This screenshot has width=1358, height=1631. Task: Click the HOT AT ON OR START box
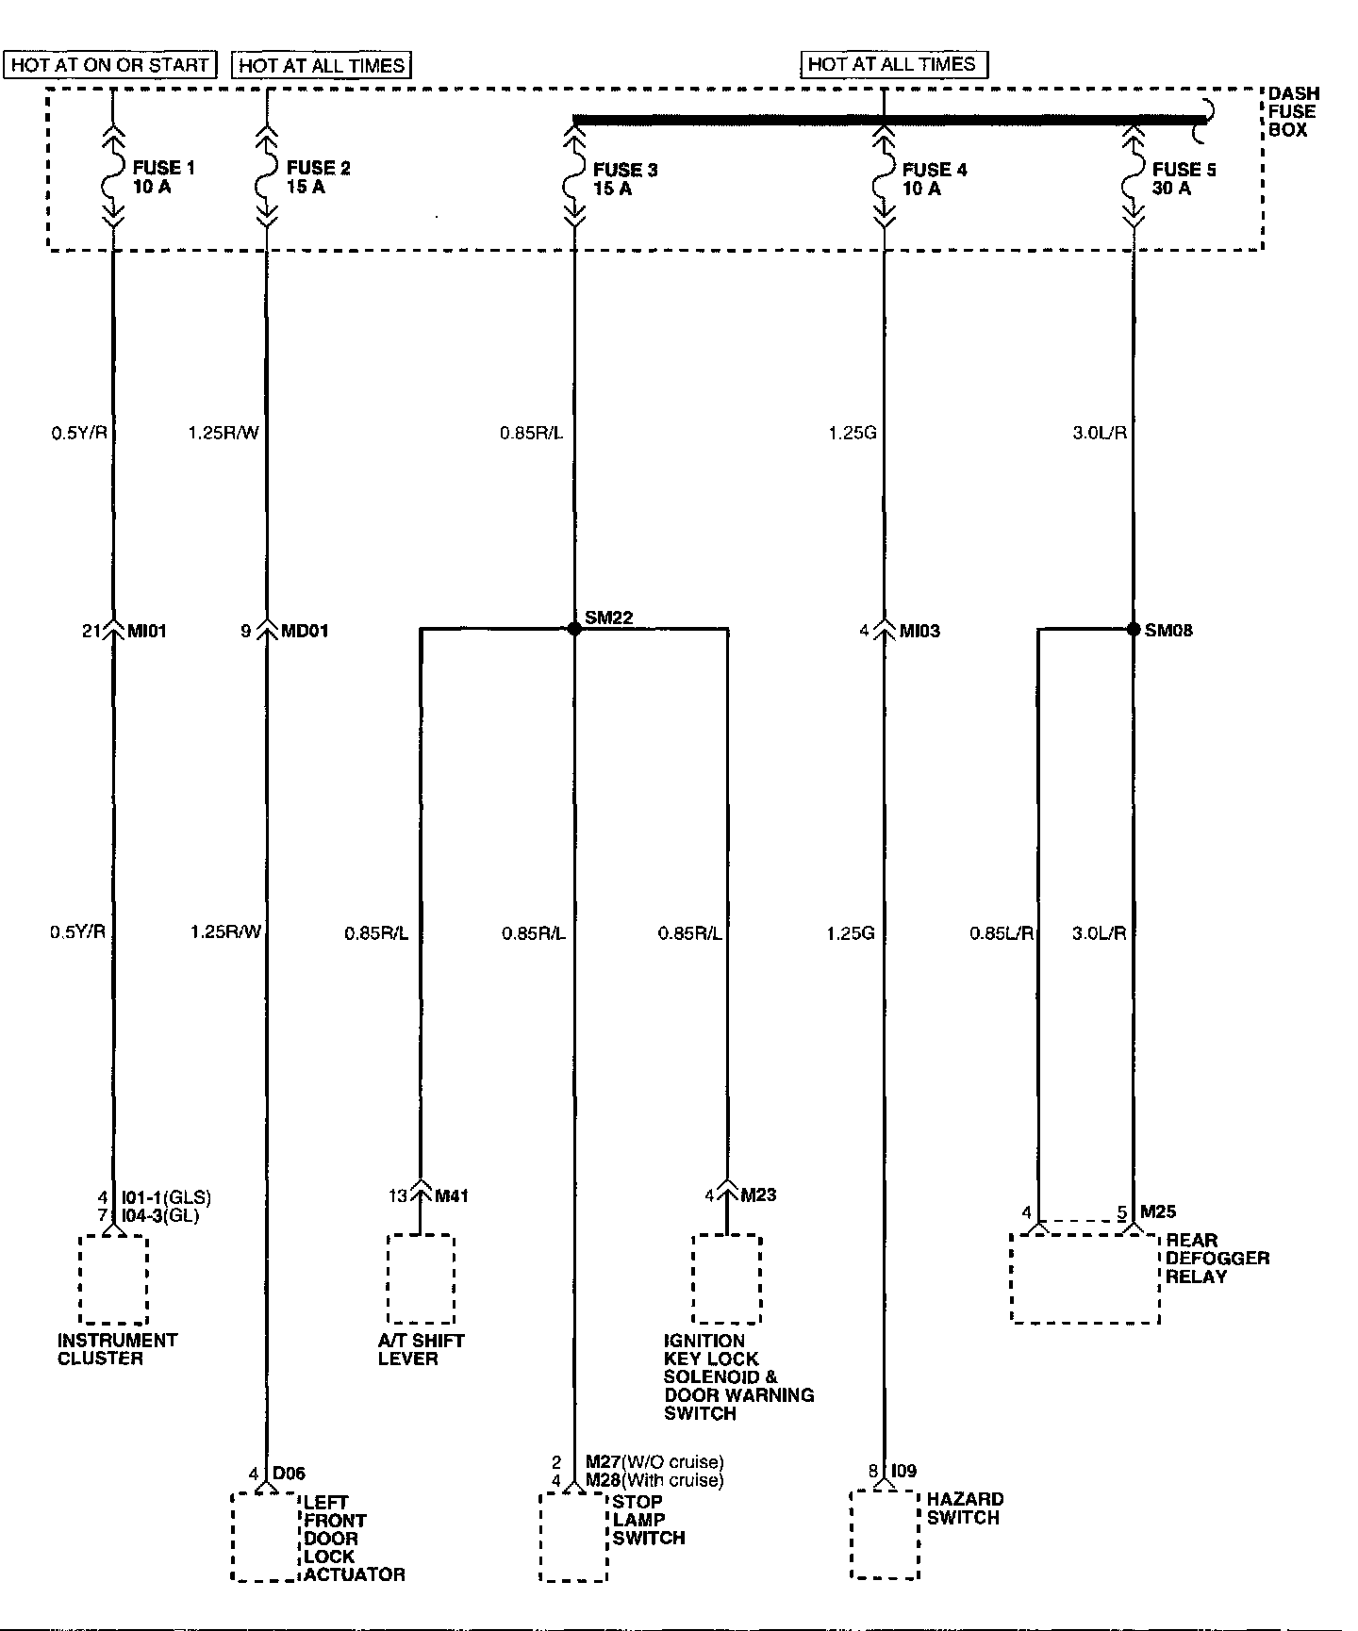(x=110, y=65)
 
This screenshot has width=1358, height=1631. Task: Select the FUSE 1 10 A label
(x=163, y=177)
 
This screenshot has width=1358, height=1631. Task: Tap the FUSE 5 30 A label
(x=1184, y=179)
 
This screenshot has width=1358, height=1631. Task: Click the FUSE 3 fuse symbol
(x=573, y=179)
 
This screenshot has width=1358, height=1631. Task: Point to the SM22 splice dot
(x=573, y=629)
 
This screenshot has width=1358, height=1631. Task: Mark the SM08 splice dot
(x=1134, y=629)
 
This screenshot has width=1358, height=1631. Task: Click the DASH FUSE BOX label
(x=1293, y=111)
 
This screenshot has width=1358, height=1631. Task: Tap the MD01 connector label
(x=305, y=631)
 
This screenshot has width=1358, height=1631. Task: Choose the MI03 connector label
(x=919, y=631)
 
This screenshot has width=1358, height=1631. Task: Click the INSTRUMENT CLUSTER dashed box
(x=113, y=1279)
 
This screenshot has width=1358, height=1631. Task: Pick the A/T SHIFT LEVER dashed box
(x=421, y=1279)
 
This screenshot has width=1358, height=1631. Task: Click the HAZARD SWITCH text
(x=964, y=1508)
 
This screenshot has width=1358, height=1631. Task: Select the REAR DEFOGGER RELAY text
(x=1217, y=1259)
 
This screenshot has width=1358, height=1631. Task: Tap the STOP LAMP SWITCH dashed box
(x=573, y=1537)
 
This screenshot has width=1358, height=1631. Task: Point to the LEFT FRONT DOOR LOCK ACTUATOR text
(x=353, y=1538)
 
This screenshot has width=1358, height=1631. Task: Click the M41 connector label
(x=451, y=1196)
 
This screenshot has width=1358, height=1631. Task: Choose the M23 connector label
(x=758, y=1195)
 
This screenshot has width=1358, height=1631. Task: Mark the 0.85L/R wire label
(x=1002, y=933)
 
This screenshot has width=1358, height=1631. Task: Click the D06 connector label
(x=289, y=1474)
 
